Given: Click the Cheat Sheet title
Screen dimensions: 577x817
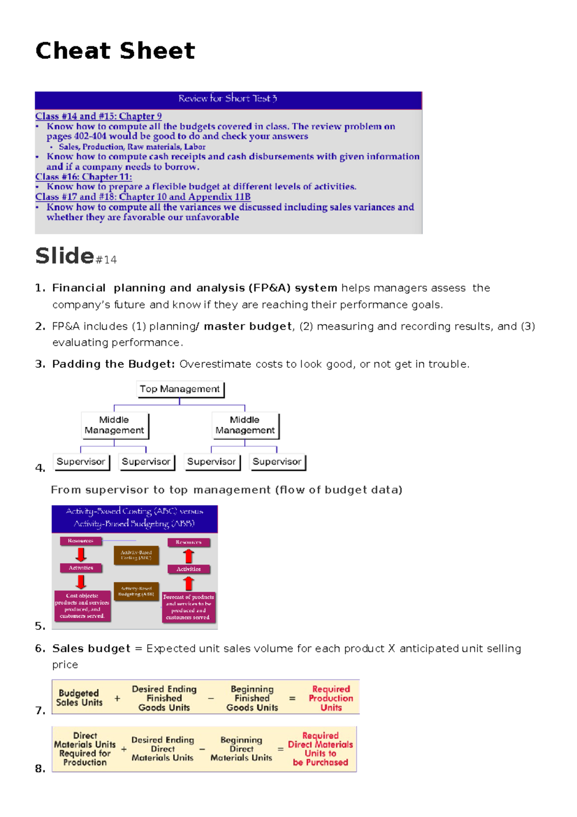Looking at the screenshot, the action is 115,51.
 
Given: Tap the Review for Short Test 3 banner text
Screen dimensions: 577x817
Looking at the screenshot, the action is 227,99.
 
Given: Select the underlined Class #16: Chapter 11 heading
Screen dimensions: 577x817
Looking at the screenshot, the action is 83,177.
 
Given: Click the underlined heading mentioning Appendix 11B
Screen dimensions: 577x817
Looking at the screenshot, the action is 143,197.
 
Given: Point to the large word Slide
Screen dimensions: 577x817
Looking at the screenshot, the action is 64,255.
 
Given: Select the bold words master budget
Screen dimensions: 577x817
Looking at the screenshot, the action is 248,326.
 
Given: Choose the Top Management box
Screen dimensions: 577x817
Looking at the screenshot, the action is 180,389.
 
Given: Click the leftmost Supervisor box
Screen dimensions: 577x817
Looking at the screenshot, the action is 81,461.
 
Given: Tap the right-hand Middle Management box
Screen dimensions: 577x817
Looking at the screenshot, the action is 245,425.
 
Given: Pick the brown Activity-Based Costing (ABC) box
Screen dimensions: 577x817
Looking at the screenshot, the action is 136,555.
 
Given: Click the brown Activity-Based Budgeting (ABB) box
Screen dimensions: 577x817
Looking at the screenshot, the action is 137,591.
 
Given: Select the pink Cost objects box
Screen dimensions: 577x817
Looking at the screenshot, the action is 82,606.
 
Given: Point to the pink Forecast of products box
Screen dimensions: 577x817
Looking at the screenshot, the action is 188,607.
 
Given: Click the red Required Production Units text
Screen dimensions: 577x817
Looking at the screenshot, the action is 331,698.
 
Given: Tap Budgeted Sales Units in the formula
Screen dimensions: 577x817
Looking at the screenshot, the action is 79,698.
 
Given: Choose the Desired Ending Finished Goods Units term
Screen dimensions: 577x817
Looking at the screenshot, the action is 164,698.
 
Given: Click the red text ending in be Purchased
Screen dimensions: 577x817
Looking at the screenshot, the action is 320,749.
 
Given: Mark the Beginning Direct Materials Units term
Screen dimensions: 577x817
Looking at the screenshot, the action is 241,749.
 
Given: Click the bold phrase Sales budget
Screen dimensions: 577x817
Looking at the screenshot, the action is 91,649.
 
